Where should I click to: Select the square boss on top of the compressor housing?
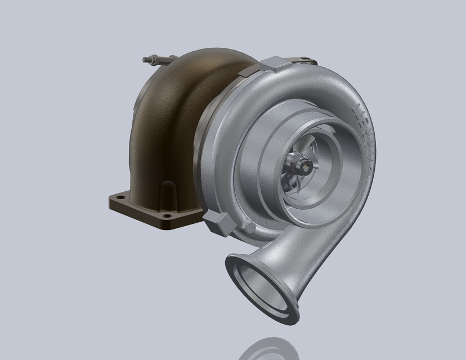(275, 64)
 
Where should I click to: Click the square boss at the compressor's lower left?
(217, 223)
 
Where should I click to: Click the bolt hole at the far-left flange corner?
(120, 197)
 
